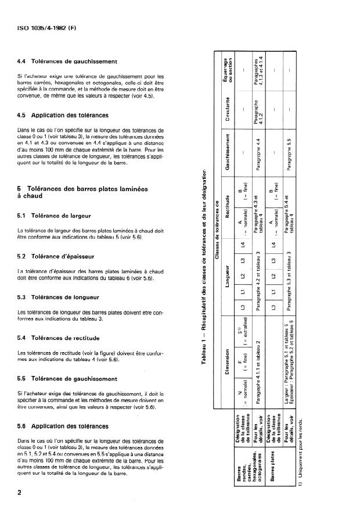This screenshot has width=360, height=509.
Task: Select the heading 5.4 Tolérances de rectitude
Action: coord(67,338)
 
